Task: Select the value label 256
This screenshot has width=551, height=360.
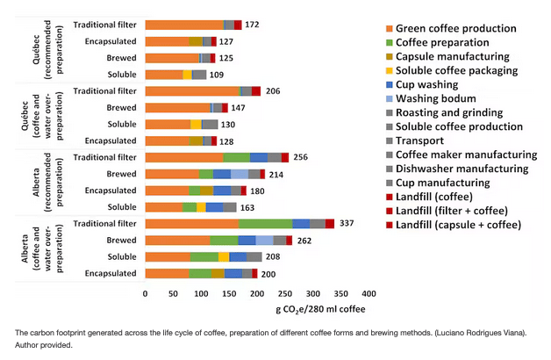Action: pyautogui.click(x=301, y=157)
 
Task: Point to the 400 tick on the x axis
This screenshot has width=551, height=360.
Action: pyautogui.click(x=369, y=292)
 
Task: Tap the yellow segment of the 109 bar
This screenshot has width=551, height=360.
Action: pyautogui.click(x=187, y=75)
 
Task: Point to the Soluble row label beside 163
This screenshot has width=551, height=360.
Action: pyautogui.click(x=122, y=207)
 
